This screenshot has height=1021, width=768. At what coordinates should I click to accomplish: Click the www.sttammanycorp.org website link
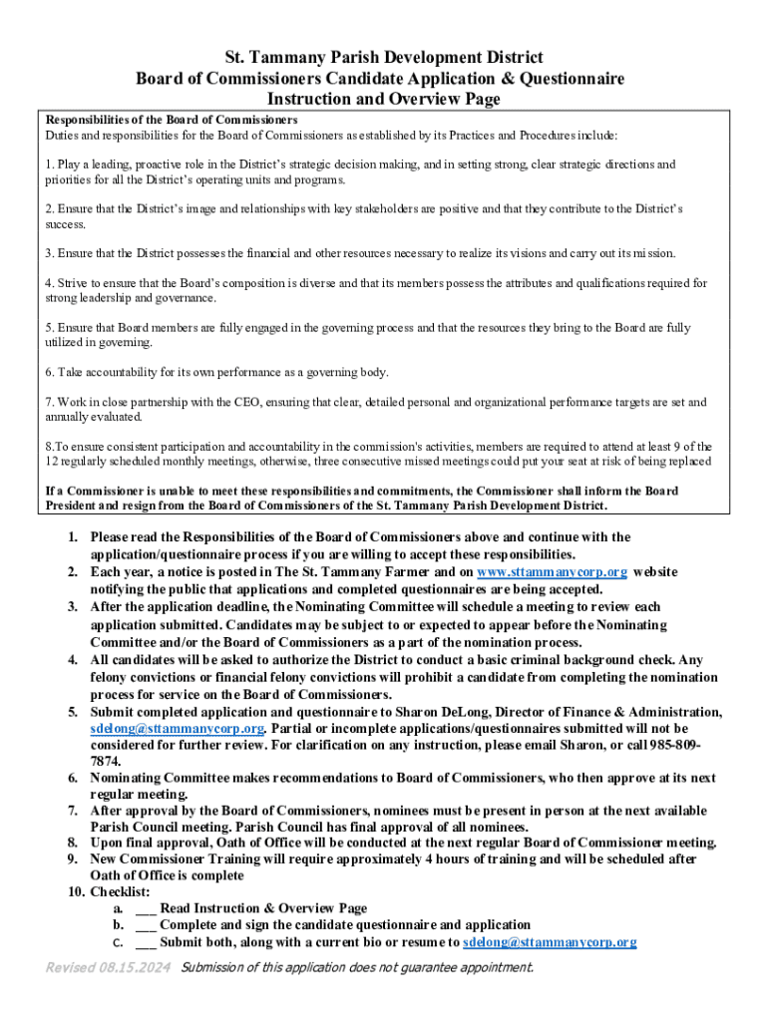click(x=552, y=571)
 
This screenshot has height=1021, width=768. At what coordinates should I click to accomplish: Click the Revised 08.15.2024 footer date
click(x=109, y=967)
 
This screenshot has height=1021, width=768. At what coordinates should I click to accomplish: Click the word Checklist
click(x=120, y=891)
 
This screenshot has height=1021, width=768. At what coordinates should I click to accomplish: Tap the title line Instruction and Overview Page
click(x=383, y=100)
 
